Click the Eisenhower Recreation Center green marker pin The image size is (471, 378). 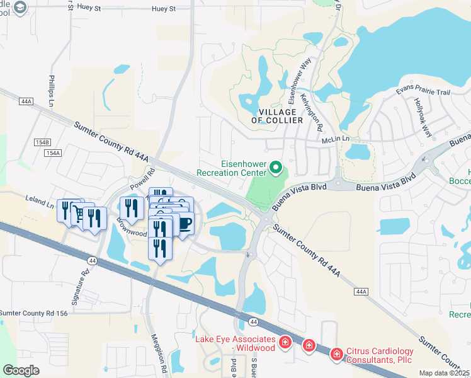pyautogui.click(x=275, y=168)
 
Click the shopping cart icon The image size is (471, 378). pyautogui.click(x=79, y=214)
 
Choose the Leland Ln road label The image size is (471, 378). pyautogui.click(x=40, y=200)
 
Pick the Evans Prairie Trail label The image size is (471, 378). pyautogui.click(x=423, y=92)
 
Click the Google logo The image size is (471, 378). pyautogui.click(x=21, y=370)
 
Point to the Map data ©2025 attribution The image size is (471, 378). pyautogui.click(x=445, y=373)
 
